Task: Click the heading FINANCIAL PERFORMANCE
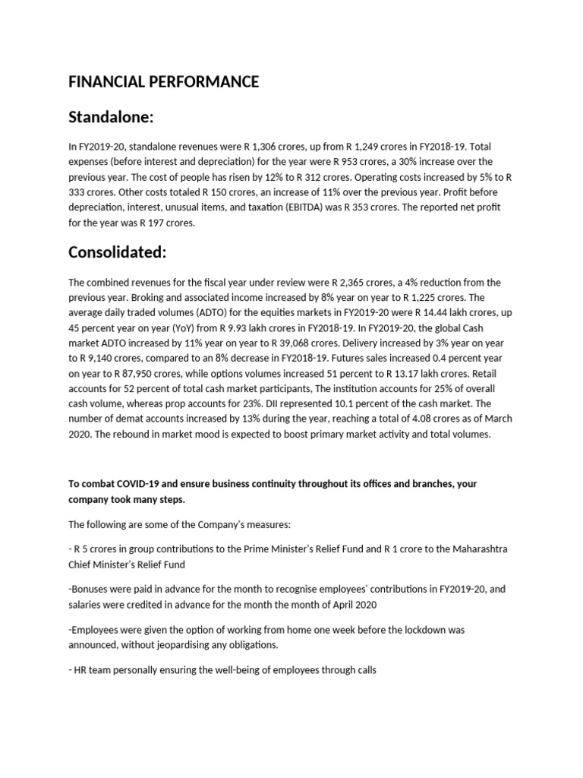point(164,82)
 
